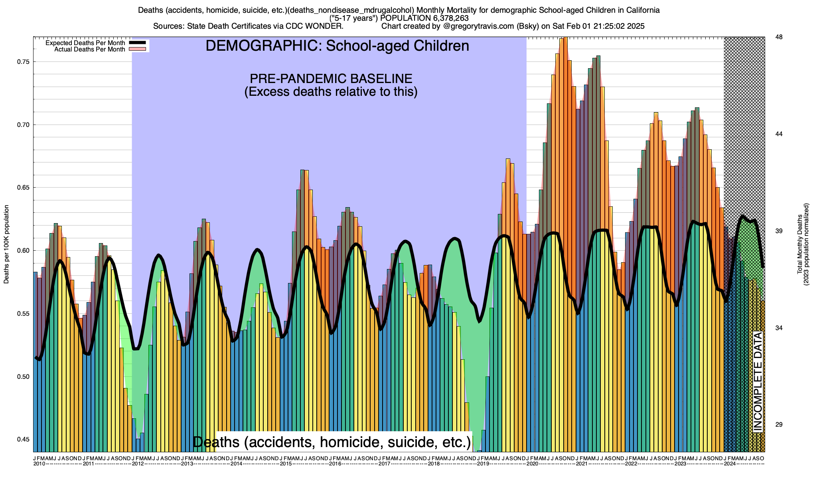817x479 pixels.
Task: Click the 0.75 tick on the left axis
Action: click(24, 62)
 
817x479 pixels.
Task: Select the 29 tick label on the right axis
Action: click(778, 425)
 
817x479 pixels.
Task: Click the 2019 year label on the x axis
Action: click(483, 464)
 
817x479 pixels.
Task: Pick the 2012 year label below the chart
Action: click(138, 464)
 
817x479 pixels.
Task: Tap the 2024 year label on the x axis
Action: click(730, 464)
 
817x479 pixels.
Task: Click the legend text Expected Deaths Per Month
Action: click(85, 43)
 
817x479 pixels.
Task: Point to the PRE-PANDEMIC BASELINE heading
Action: click(331, 78)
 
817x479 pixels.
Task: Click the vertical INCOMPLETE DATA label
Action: click(758, 381)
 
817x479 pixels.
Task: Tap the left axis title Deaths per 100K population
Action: click(6, 244)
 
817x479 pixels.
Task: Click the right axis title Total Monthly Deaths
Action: click(800, 244)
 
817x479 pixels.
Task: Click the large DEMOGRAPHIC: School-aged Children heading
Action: click(337, 46)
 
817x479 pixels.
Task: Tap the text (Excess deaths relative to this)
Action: click(331, 92)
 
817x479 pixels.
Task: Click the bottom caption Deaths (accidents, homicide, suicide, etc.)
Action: click(332, 442)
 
